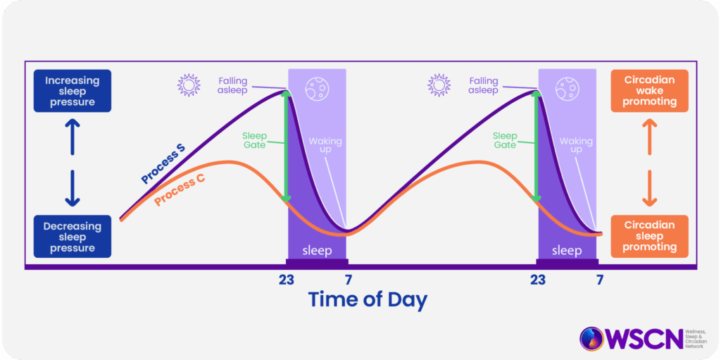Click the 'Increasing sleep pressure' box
pyautogui.click(x=73, y=91)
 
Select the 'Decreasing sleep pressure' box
pyautogui.click(x=73, y=237)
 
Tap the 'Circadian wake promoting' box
pyautogui.click(x=649, y=91)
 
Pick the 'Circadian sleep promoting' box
pyautogui.click(x=649, y=236)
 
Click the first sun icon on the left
pyautogui.click(x=189, y=85)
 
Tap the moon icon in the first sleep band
pyautogui.click(x=316, y=87)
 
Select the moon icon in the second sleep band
pyautogui.click(x=566, y=87)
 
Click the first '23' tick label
pyautogui.click(x=287, y=280)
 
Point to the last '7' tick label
pyautogui.click(x=600, y=280)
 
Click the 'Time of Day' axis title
pyautogui.click(x=368, y=299)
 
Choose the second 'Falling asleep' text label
pyautogui.click(x=483, y=86)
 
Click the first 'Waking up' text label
pyautogui.click(x=325, y=145)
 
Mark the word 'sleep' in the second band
pyautogui.click(x=567, y=251)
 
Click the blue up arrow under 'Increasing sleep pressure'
pyautogui.click(x=73, y=137)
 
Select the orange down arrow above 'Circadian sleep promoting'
pyautogui.click(x=648, y=189)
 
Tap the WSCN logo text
pyautogui.click(x=646, y=340)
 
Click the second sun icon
pyautogui.click(x=439, y=85)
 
